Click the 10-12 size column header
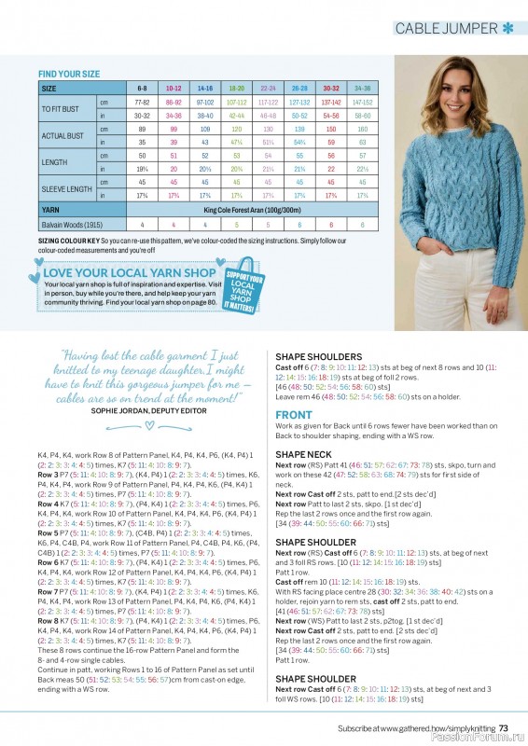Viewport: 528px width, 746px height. [174, 88]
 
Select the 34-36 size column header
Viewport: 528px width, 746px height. [363, 88]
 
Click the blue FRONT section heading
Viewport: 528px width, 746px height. [294, 415]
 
